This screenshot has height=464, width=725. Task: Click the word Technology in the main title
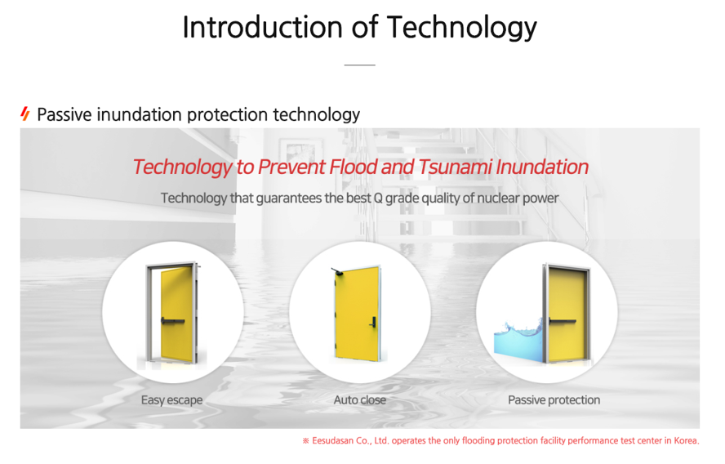[461, 28]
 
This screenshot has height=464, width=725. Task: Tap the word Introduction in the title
[263, 27]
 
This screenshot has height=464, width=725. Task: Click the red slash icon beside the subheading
[25, 114]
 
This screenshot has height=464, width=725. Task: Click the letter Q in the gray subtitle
[378, 199]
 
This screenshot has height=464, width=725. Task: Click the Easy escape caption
[172, 400]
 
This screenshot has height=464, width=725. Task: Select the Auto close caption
[360, 399]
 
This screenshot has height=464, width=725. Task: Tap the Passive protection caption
[554, 399]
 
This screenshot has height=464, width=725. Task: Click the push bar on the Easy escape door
[173, 320]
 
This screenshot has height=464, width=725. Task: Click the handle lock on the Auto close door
[372, 322]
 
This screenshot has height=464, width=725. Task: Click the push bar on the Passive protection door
[563, 320]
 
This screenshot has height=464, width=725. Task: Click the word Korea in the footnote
[686, 440]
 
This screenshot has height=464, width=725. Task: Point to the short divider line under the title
[360, 65]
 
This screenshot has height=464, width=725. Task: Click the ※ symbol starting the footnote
[305, 440]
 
